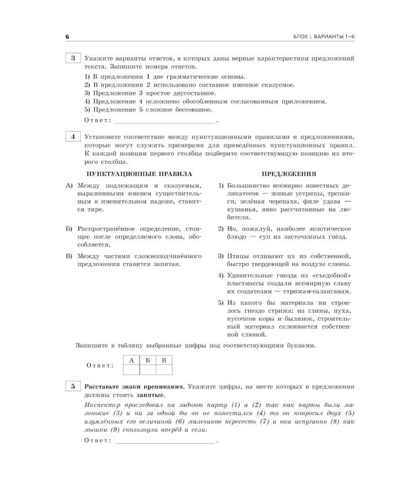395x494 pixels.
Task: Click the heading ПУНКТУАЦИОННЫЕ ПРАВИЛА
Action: coord(140,174)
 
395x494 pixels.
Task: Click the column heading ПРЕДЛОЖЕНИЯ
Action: coord(284,174)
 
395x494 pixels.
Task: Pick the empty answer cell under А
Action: coord(132,370)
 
